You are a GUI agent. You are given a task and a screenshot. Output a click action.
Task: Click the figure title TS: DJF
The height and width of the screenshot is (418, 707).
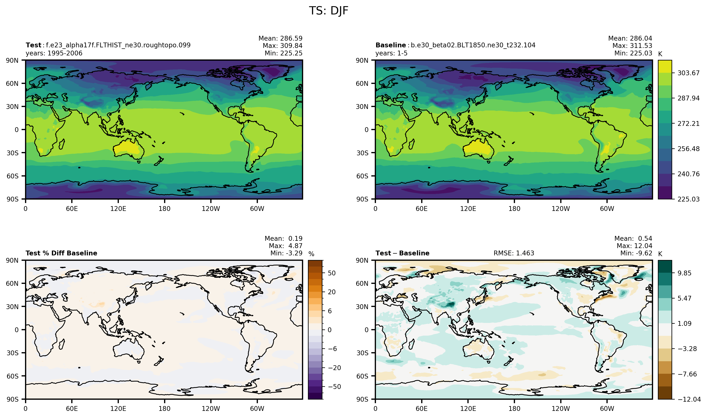click(329, 11)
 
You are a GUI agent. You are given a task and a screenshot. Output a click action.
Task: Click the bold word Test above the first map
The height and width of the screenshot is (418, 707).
click(34, 45)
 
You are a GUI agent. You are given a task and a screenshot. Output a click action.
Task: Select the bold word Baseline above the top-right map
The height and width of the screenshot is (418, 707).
click(391, 45)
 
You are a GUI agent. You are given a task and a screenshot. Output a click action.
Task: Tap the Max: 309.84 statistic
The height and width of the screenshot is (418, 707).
click(282, 46)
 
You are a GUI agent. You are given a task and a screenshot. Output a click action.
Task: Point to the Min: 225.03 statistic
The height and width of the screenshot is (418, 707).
click(633, 53)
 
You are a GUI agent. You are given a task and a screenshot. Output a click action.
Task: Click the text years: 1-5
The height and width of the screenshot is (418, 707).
click(391, 53)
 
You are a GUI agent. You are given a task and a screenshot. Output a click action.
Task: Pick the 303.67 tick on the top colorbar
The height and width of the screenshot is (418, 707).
click(688, 73)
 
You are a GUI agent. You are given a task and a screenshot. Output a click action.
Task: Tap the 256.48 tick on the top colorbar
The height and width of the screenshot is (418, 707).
click(688, 149)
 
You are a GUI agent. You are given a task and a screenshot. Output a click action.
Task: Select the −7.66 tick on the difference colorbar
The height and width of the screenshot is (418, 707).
click(687, 374)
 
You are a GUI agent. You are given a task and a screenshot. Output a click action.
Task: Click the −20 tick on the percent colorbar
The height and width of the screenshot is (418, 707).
click(335, 368)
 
